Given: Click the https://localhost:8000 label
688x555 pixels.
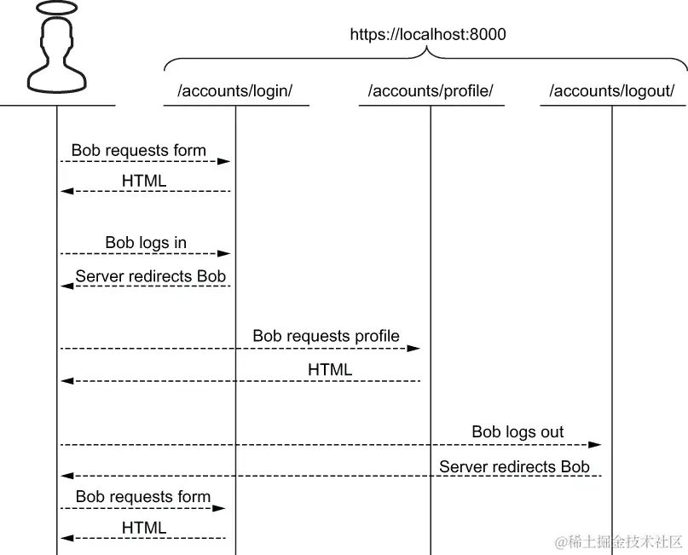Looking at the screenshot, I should tap(427, 35).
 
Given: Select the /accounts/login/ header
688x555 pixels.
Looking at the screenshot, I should tap(234, 91).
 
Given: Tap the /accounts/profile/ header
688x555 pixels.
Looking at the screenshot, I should tap(431, 91).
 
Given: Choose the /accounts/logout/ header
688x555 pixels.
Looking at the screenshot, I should tap(611, 91).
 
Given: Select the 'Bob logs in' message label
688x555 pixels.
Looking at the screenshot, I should tap(146, 243).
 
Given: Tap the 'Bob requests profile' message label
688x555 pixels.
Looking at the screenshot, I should tap(326, 336).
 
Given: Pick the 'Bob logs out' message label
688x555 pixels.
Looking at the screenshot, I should tap(517, 432).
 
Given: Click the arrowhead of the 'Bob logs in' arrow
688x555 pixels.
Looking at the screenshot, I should tap(225, 253).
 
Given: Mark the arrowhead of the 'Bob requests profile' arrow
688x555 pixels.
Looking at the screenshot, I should tap(414, 348).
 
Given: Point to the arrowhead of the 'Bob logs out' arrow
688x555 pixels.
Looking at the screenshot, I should tap(596, 444).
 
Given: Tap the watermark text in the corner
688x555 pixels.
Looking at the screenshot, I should tap(619, 541).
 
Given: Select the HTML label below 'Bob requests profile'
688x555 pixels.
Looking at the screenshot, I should tap(330, 369).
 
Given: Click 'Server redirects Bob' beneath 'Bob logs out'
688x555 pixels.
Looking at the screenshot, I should tap(514, 466).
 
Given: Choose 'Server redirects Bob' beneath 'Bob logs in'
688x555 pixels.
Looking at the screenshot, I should tap(151, 275).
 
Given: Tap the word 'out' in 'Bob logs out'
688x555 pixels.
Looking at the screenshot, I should tap(551, 432).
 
